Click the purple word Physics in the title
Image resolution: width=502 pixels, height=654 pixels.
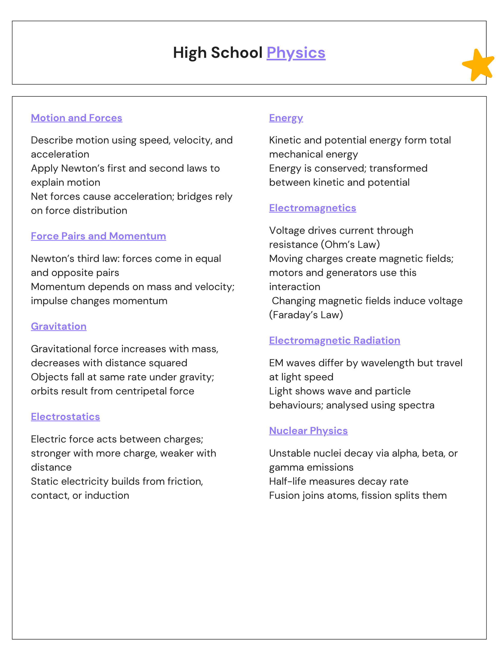(x=296, y=53)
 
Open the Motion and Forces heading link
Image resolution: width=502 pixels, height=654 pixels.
(x=77, y=118)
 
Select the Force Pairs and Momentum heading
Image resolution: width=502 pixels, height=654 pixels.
(x=98, y=236)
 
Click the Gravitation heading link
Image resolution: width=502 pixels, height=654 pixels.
(x=59, y=327)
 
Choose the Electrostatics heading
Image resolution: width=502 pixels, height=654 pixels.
(x=66, y=417)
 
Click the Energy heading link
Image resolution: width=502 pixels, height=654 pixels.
(x=286, y=118)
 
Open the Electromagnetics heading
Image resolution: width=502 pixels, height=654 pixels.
(x=312, y=208)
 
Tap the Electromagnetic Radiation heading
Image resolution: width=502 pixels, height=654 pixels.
(x=334, y=341)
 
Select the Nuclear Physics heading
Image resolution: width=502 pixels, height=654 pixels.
(x=308, y=431)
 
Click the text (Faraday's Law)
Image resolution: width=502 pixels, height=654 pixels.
(x=306, y=315)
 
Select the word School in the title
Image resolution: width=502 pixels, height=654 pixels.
(x=237, y=53)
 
